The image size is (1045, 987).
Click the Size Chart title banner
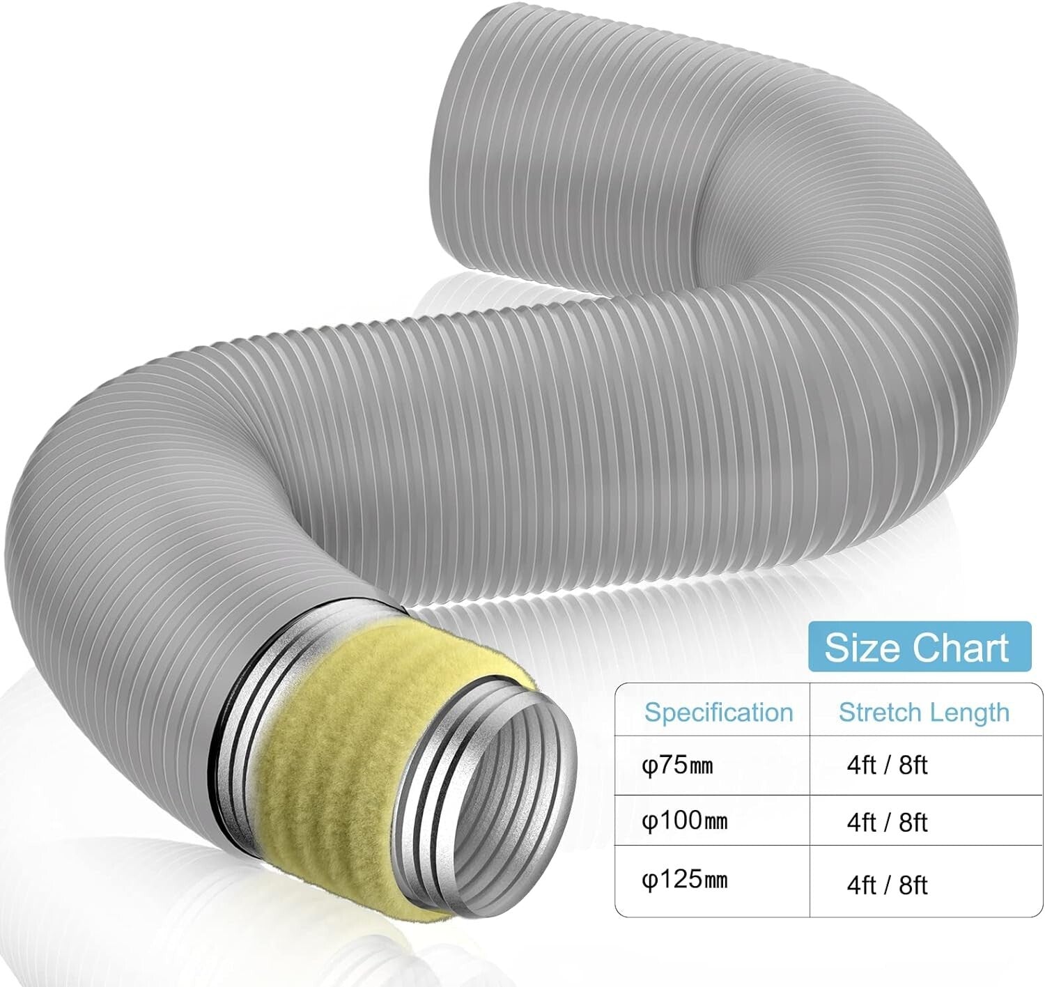click(x=917, y=647)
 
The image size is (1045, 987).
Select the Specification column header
click(x=718, y=713)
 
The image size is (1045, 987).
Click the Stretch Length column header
click(x=924, y=713)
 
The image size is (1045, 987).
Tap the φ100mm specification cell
click(x=684, y=821)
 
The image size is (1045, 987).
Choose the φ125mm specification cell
click(x=684, y=880)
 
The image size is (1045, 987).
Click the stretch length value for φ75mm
click(x=887, y=766)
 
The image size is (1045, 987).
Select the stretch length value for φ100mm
click(x=887, y=823)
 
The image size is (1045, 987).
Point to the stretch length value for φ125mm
click(x=887, y=885)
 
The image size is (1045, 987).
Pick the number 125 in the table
click(x=674, y=880)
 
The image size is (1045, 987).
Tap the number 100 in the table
click(x=674, y=821)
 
